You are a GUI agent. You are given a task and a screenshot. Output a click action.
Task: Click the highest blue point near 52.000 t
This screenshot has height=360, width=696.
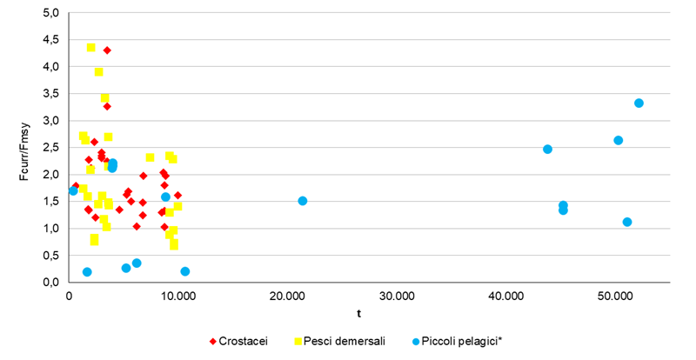click(x=639, y=103)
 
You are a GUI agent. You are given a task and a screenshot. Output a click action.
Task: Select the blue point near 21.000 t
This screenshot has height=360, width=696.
click(x=303, y=201)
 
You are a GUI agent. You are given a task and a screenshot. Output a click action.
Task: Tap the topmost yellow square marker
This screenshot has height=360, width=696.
click(x=91, y=48)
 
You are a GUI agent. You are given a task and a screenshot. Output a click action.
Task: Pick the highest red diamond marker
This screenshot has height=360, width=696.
click(x=107, y=50)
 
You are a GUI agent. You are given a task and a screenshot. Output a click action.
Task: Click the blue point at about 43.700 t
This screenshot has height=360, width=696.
click(x=547, y=149)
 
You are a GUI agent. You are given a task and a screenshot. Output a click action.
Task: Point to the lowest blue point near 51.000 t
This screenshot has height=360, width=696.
click(x=627, y=222)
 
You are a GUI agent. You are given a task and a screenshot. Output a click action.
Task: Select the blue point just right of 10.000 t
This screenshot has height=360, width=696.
click(x=185, y=271)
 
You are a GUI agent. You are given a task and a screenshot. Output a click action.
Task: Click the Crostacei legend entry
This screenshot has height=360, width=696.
click(x=238, y=339)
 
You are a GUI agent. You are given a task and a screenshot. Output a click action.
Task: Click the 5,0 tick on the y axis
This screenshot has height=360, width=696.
click(x=51, y=12)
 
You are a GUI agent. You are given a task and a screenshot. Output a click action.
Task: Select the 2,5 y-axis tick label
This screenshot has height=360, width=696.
click(x=51, y=147)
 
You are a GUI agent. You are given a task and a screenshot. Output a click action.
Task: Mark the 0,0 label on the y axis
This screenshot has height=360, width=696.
click(x=51, y=282)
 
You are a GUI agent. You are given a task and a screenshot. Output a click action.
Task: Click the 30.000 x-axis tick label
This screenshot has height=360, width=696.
click(x=397, y=297)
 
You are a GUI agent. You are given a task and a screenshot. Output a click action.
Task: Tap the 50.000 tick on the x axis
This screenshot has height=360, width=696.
click(x=615, y=297)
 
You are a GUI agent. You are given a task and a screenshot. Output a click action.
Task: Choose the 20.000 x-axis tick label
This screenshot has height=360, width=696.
click(x=288, y=297)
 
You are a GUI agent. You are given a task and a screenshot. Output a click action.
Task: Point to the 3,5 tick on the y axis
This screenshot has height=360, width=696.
click(x=51, y=93)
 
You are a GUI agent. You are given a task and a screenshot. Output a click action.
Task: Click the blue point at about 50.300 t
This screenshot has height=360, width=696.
click(x=618, y=140)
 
